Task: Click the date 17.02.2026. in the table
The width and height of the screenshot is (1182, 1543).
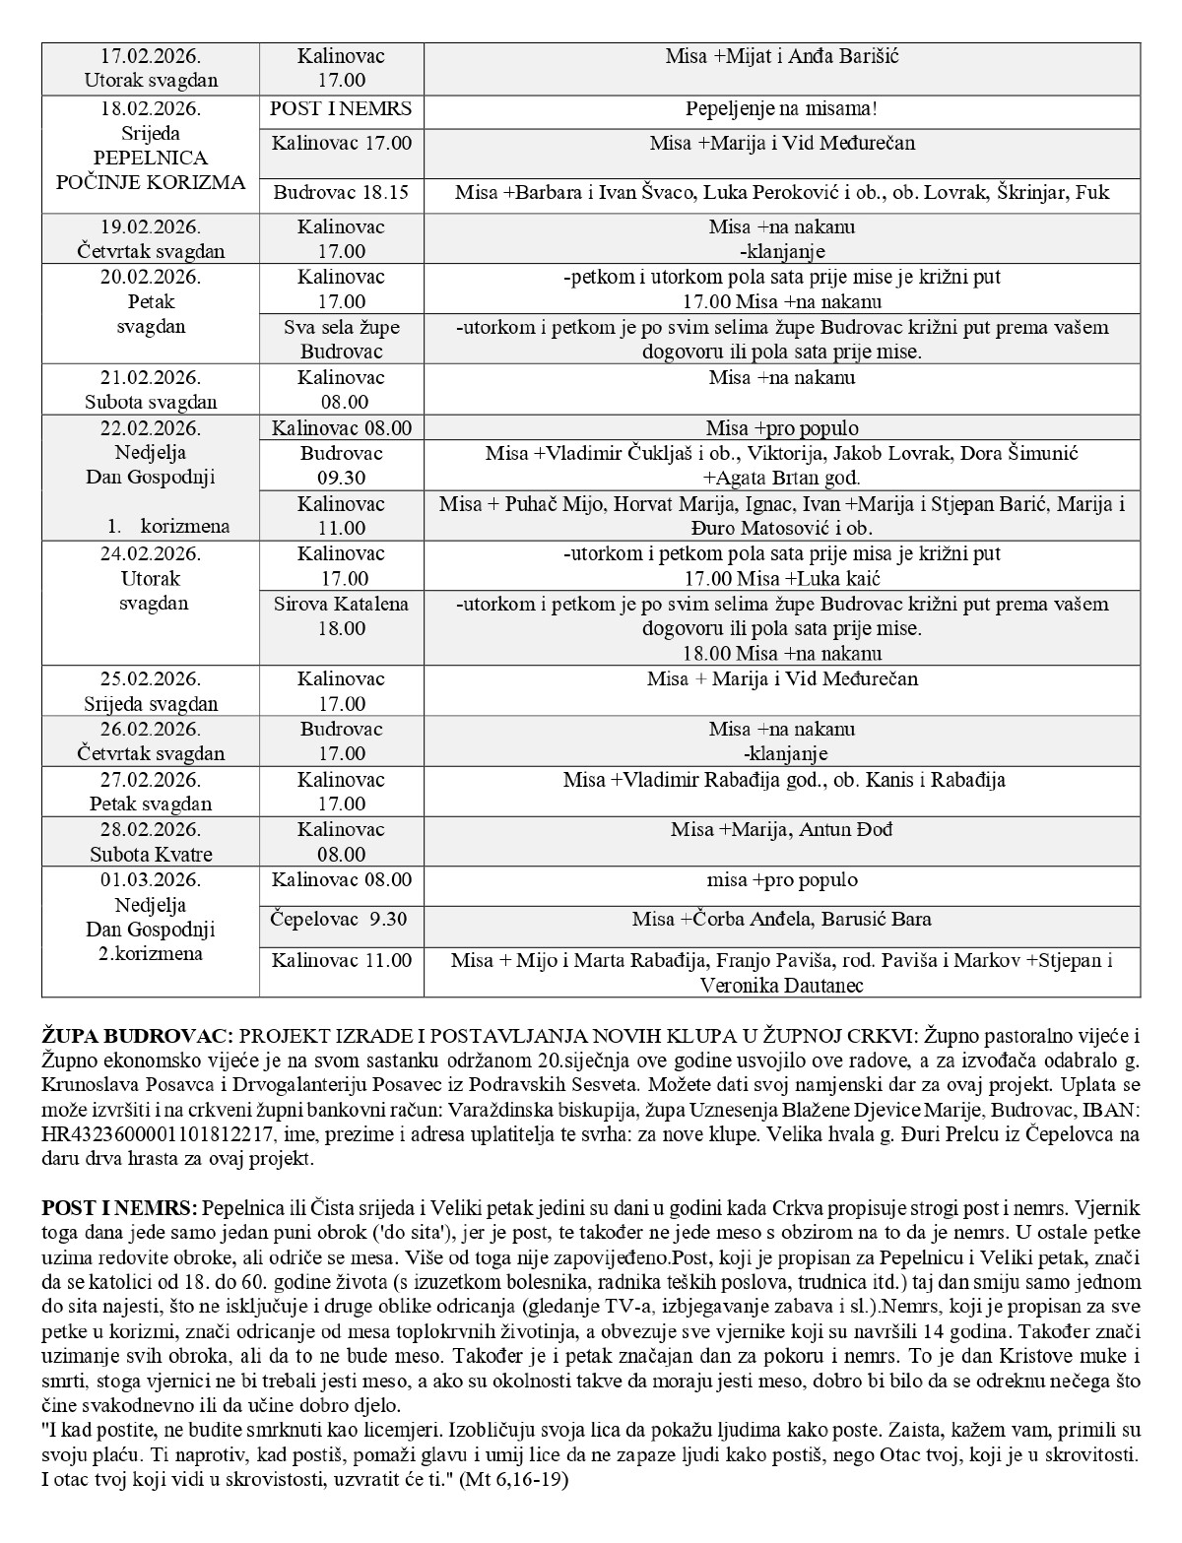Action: (151, 56)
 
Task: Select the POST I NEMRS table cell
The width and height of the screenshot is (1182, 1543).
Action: (341, 108)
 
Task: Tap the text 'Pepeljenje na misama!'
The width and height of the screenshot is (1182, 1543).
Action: (782, 108)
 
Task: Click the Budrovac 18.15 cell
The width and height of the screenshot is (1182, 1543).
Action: (341, 193)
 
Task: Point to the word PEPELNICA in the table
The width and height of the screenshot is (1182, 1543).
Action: (151, 158)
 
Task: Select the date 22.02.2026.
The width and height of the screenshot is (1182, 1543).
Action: (151, 428)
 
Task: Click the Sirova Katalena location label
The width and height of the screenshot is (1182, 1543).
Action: (341, 604)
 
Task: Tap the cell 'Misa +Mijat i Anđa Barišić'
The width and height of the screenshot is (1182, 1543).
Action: (782, 56)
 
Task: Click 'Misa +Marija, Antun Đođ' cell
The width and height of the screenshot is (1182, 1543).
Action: (782, 829)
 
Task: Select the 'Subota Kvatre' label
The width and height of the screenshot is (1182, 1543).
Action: (151, 854)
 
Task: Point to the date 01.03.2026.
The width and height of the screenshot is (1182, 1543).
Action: (151, 879)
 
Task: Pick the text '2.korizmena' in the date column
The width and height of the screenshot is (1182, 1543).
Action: (151, 954)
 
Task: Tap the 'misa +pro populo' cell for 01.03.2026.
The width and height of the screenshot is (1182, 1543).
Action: (782, 879)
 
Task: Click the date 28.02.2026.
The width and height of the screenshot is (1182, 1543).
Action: (151, 829)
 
